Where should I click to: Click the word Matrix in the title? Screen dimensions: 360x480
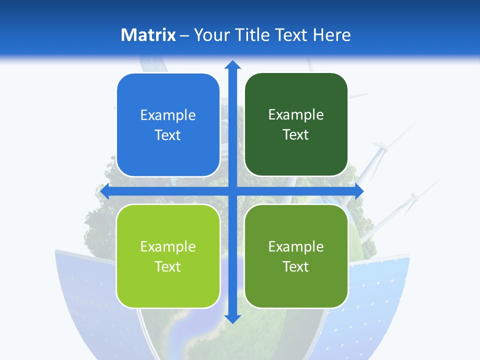148,35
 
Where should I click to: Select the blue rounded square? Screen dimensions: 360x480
168,125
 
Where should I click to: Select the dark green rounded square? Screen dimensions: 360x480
296,124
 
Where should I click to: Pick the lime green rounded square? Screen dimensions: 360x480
168,256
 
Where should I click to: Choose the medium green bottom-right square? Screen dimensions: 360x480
296,256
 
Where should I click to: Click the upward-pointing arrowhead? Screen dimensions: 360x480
232,64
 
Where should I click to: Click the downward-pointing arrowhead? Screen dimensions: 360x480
232,318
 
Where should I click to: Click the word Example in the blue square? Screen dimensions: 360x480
168,115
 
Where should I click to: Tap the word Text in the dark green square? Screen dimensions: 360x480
296,135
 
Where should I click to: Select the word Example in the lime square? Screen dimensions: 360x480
168,246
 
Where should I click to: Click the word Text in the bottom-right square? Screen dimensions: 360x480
296,266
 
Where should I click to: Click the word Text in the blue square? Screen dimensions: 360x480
168,135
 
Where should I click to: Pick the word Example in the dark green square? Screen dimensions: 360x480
296,115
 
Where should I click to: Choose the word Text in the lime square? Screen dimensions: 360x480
168,266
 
